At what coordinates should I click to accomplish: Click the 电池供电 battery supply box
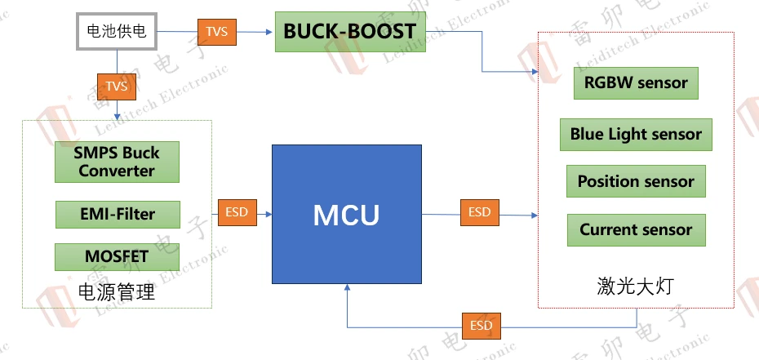point(117,32)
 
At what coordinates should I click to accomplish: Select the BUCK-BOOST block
point(349,33)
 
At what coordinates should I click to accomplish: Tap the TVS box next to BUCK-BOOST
point(216,33)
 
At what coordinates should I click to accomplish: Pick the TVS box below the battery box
point(117,86)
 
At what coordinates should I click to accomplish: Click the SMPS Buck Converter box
point(117,162)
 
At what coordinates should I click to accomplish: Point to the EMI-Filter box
point(117,214)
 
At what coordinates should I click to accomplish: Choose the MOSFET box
point(117,256)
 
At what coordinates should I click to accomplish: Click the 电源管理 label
point(116,291)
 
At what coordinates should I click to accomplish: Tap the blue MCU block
point(347,215)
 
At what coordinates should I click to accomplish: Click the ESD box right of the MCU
point(480,212)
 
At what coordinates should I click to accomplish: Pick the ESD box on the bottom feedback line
point(482,326)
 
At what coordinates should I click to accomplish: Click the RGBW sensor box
point(636,82)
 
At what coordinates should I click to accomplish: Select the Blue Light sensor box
point(636,134)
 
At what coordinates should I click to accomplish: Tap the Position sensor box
point(636,181)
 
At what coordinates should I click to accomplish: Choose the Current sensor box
point(636,229)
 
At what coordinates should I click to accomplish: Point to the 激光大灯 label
point(636,286)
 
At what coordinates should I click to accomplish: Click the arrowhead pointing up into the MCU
point(348,287)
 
